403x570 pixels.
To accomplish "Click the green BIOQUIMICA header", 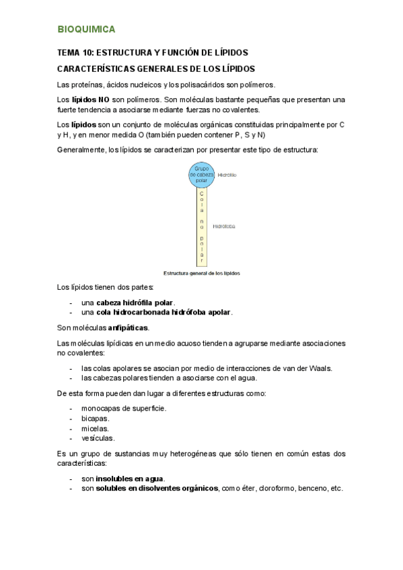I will click(86, 29).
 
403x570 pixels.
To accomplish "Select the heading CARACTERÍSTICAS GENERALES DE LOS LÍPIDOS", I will click(155, 69).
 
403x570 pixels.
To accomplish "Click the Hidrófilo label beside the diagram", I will click(227, 175).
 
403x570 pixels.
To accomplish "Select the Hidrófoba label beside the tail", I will click(224, 227).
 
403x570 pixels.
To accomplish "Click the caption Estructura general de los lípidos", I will click(201, 273).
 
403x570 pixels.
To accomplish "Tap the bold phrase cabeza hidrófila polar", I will click(135, 302).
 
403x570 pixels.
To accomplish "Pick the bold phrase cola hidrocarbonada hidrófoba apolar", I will click(164, 312).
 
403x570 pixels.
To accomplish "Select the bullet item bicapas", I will click(95, 418).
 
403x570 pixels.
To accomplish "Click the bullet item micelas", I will click(95, 428).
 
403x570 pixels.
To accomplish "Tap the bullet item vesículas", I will click(97, 438).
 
